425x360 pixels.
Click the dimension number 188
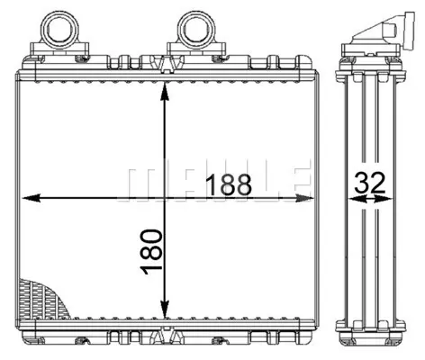pos(230,184)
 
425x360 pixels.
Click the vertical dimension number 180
pos(151,252)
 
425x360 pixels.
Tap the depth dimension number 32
pos(369,183)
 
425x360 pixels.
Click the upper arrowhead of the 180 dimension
pos(164,92)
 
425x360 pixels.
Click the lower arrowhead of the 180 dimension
pos(164,309)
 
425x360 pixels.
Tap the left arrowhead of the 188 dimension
pos(32,198)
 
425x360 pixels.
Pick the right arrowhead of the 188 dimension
pos(304,198)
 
